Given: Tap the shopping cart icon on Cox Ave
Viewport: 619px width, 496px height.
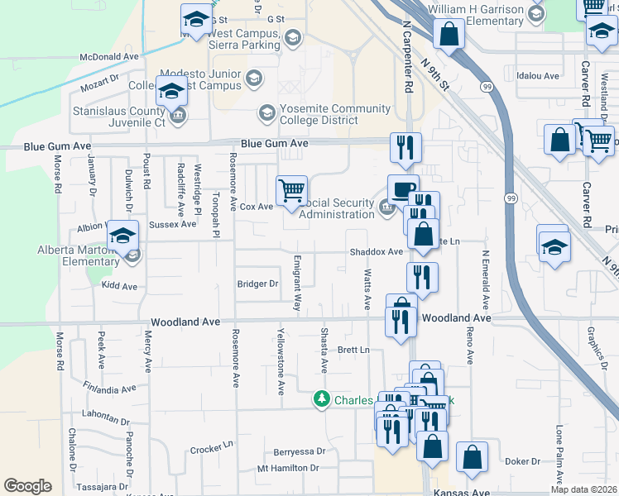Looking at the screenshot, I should (x=291, y=191).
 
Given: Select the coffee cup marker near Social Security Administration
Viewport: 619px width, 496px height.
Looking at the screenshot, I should (x=403, y=189).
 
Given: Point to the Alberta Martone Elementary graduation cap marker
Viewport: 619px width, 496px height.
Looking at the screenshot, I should (x=122, y=237).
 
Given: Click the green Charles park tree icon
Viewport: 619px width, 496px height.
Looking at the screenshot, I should (x=322, y=399).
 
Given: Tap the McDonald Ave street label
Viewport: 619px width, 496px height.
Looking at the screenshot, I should (x=109, y=57).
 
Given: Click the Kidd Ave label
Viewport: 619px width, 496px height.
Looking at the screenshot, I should (x=118, y=286).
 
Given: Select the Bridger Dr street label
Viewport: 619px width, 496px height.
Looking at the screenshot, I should (x=257, y=284).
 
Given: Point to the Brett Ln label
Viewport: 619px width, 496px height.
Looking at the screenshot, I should (x=353, y=350).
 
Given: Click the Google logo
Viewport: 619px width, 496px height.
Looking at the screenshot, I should (x=27, y=485).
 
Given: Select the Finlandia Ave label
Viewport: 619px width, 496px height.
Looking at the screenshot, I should (x=109, y=388).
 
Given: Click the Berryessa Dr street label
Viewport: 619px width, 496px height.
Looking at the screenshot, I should (x=299, y=452).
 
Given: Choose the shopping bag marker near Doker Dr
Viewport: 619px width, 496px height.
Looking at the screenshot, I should (x=472, y=457).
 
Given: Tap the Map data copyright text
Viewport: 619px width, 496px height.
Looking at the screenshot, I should (x=584, y=489).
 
